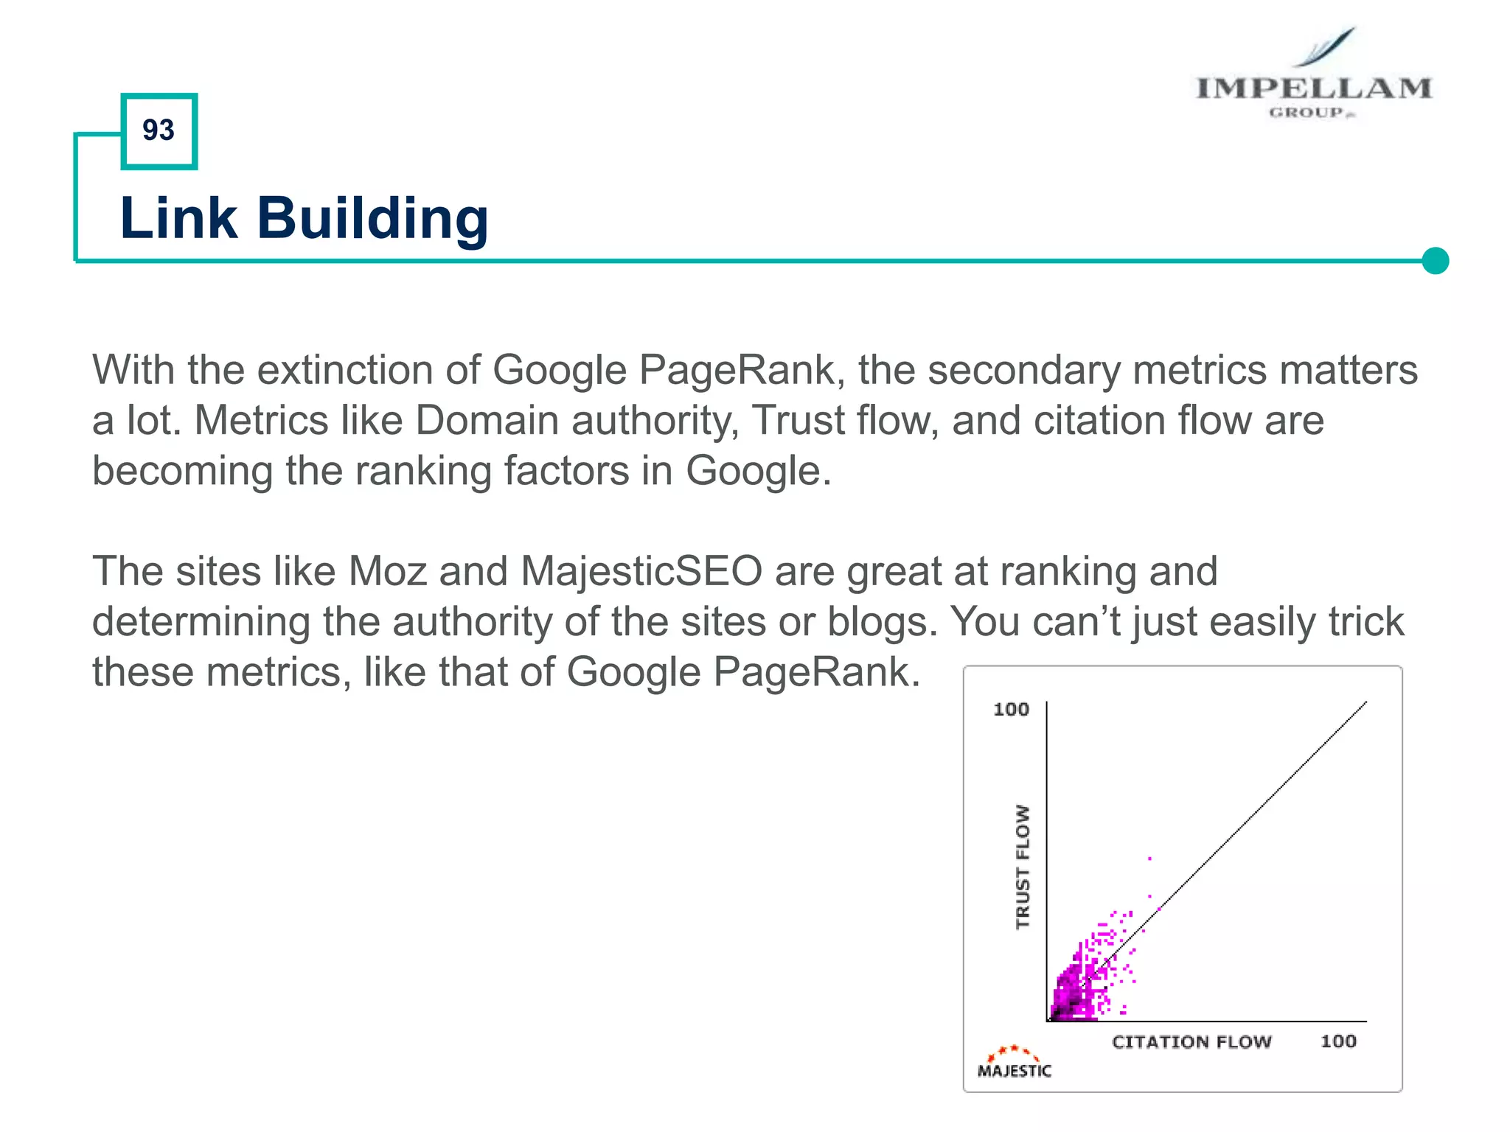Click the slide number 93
pyautogui.click(x=159, y=130)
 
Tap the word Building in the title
pyautogui.click(x=372, y=220)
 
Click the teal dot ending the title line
pyautogui.click(x=1435, y=261)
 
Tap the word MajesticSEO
pyautogui.click(x=641, y=571)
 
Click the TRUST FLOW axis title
pyautogui.click(x=1023, y=867)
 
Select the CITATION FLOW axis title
pyautogui.click(x=1191, y=1041)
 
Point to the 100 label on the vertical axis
pyautogui.click(x=1011, y=709)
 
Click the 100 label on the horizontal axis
pyautogui.click(x=1337, y=1041)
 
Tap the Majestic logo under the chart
pyautogui.click(x=1014, y=1063)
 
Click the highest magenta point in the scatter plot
pyautogui.click(x=1149, y=859)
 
